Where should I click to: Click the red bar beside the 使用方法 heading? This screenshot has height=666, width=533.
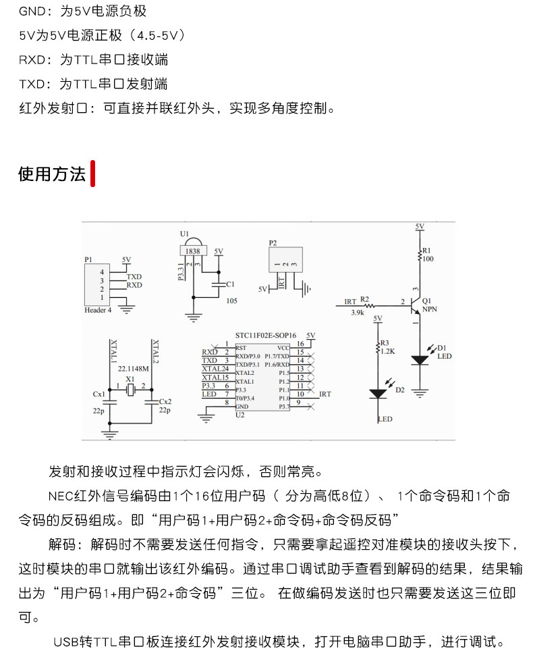coord(92,174)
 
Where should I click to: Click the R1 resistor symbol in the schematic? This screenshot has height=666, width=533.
coord(419,255)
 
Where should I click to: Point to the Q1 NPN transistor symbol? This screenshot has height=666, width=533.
coord(416,305)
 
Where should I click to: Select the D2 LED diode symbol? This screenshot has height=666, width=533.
coord(378,392)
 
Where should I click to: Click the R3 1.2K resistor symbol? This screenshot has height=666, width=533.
coord(378,349)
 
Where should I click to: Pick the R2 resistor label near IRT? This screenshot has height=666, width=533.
coord(364,298)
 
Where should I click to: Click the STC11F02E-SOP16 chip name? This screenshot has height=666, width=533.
coord(265,335)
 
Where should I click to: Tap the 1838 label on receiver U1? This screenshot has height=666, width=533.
coord(192,250)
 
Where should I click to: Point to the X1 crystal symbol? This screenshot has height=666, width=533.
coord(132,388)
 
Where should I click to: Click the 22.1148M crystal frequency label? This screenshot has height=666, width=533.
coord(133,369)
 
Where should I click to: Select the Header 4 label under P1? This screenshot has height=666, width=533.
coord(98,310)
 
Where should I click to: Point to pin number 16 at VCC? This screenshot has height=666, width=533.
coord(300,344)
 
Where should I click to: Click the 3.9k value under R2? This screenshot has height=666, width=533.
coord(358,313)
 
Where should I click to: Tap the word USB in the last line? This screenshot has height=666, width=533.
coord(66,642)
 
